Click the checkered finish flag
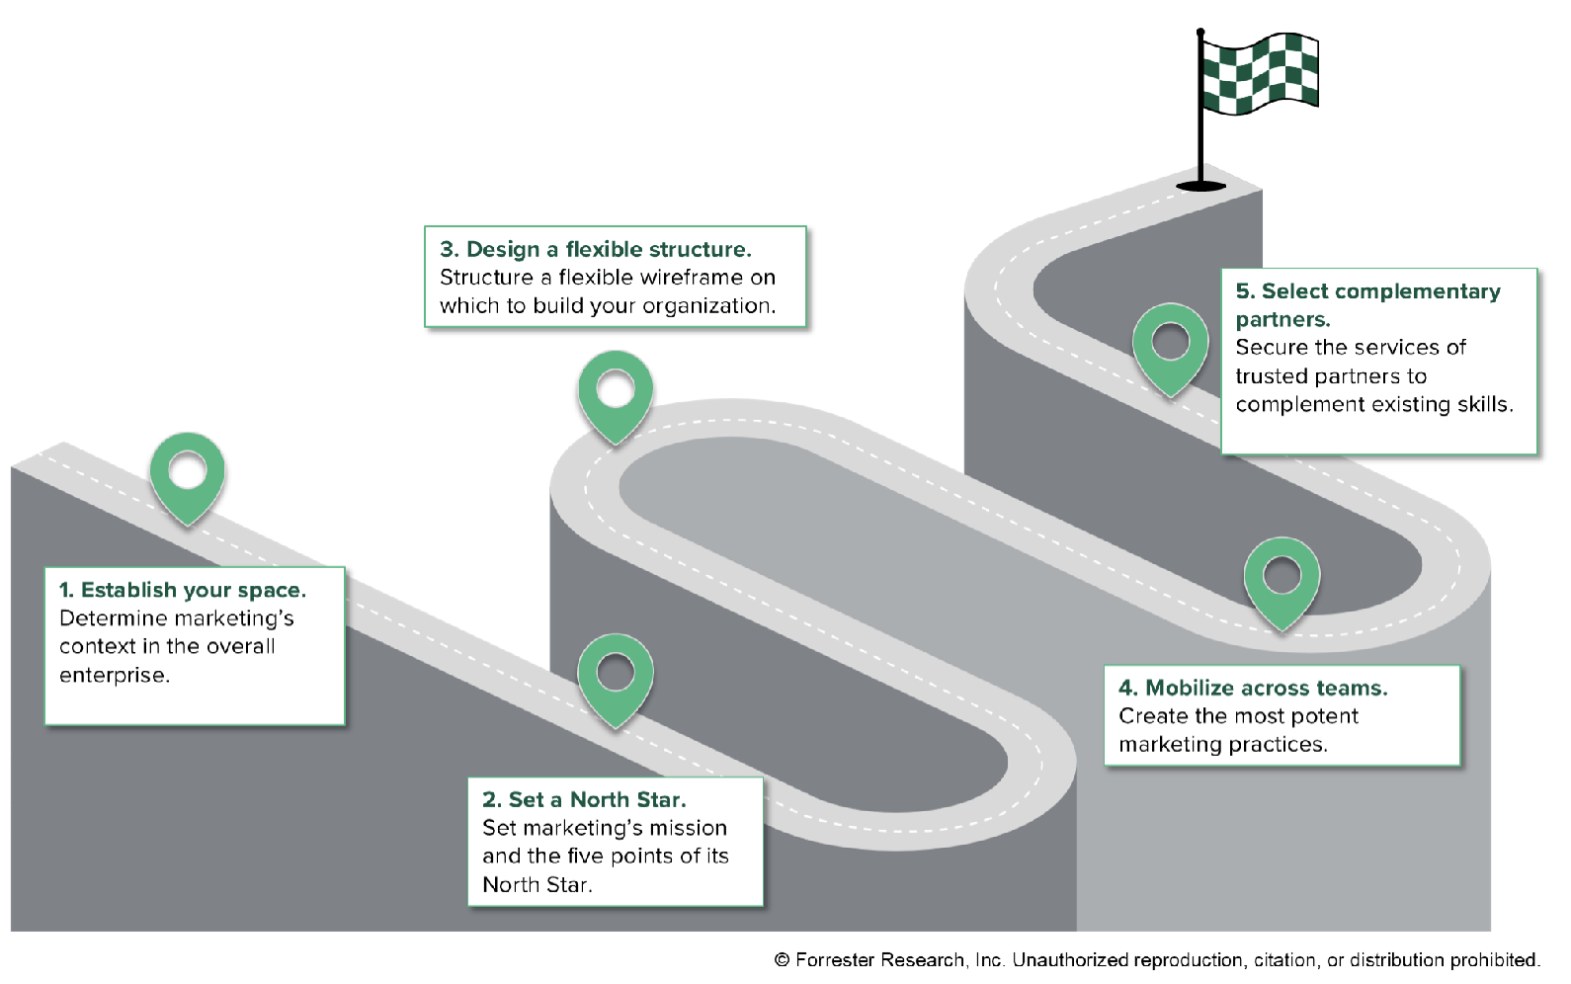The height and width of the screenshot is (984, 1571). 1260,73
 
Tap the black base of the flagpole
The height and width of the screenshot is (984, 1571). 1200,185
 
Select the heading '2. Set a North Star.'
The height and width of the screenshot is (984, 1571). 583,799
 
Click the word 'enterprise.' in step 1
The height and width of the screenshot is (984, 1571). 115,675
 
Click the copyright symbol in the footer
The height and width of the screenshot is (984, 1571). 782,959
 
